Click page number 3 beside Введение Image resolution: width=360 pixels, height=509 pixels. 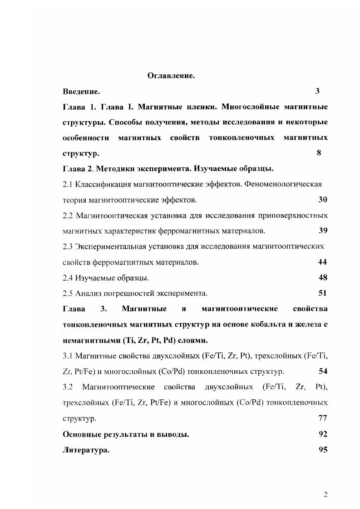[x=318, y=91]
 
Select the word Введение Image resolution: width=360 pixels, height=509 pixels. [x=81, y=92]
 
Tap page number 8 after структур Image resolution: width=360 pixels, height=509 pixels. [x=319, y=153]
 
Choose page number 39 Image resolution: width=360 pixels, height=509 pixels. [x=323, y=230]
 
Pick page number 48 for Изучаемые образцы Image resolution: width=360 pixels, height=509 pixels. [x=323, y=277]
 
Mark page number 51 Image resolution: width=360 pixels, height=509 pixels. [x=322, y=293]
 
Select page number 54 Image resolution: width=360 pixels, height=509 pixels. [x=323, y=371]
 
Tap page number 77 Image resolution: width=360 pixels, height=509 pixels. [x=323, y=418]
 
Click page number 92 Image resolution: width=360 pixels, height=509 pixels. [x=323, y=434]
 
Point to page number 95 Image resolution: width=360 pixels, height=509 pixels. [x=323, y=450]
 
